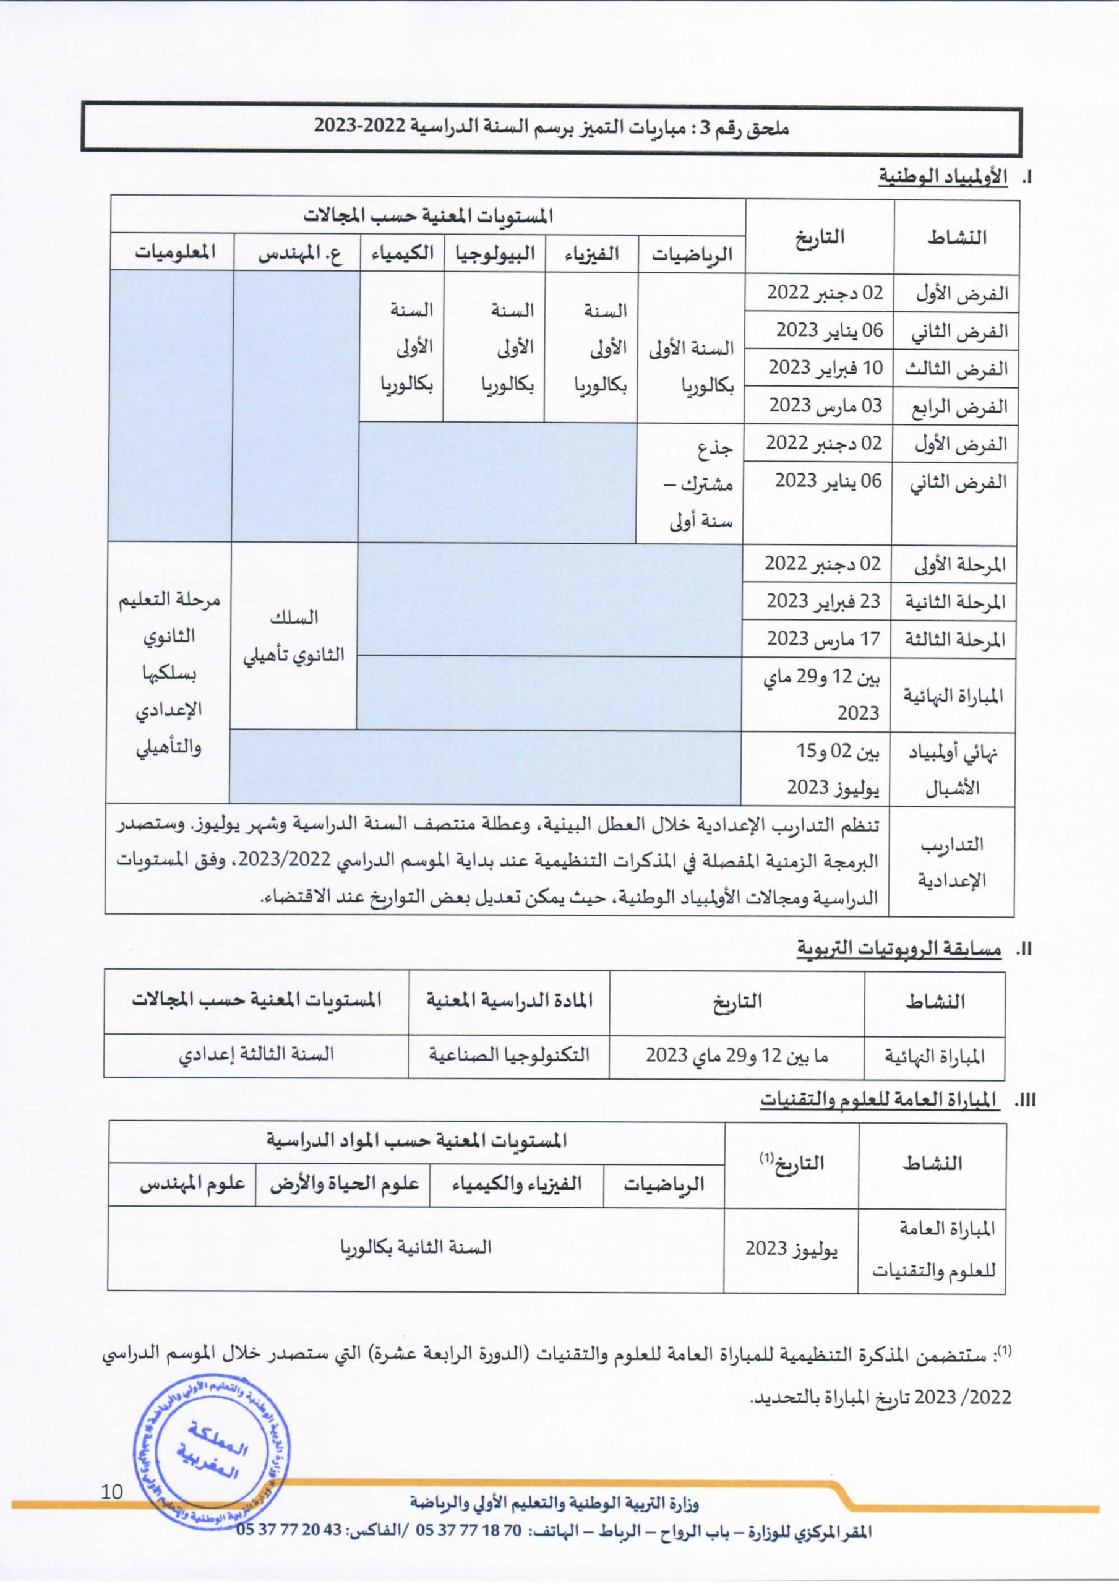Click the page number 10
coord(112,1492)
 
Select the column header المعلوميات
coord(174,252)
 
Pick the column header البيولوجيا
coord(495,253)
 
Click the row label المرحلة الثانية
coord(956,603)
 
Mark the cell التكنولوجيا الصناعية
coord(509,1054)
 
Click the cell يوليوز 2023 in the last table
coord(791,1249)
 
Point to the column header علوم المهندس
coord(192,1183)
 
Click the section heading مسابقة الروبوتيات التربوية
coord(898,949)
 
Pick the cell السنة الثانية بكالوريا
coord(415,1247)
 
